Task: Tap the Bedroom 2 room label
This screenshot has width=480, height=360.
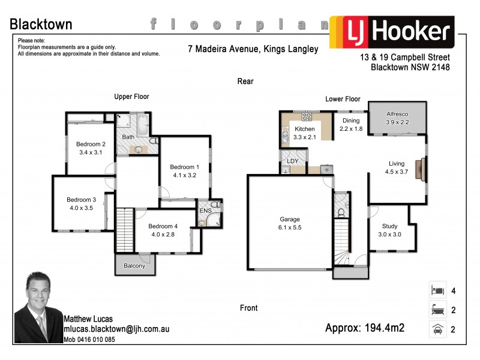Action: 91,144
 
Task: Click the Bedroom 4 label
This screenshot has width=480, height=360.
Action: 163,226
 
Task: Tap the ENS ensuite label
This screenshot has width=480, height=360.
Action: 205,211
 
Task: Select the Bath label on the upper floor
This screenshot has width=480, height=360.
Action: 128,137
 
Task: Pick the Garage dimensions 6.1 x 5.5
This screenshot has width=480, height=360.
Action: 289,227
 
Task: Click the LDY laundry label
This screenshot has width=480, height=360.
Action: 293,161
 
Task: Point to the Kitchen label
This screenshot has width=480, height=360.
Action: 304,129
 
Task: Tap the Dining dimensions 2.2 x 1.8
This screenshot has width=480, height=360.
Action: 351,128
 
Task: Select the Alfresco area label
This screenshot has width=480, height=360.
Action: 397,113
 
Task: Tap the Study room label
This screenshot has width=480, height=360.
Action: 390,226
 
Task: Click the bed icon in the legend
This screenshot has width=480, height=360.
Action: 437,291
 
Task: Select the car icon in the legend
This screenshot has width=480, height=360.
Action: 437,329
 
